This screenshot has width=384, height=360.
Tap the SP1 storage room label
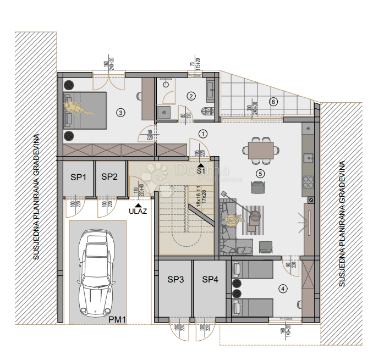pyautogui.click(x=79, y=177)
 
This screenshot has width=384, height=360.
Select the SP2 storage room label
pyautogui.click(x=109, y=177)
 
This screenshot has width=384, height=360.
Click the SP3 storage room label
pyautogui.click(x=175, y=280)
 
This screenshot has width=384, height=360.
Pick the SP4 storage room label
pyautogui.click(x=210, y=280)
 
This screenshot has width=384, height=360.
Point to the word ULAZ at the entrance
pyautogui.click(x=138, y=210)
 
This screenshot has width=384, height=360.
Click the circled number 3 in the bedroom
pyautogui.click(x=121, y=113)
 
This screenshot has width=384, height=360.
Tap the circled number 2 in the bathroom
pyautogui.click(x=191, y=96)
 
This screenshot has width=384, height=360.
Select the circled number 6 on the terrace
pyautogui.click(x=273, y=101)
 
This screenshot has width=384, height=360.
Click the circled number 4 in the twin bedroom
pyautogui.click(x=283, y=288)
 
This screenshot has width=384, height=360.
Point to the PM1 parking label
pyautogui.click(x=118, y=319)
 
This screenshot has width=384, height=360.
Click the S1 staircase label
pyautogui.click(x=201, y=171)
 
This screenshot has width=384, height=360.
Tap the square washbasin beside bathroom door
pyautogui.click(x=164, y=112)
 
